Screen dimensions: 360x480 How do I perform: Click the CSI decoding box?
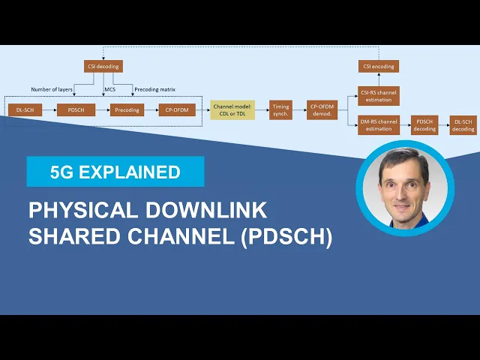(103, 66)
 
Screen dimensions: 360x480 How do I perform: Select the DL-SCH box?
(24, 110)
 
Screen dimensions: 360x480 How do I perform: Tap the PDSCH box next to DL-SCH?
(76, 110)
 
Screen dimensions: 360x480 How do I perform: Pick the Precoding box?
(127, 110)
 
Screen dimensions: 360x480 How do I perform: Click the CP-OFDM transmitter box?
(177, 110)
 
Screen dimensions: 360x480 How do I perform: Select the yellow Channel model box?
(232, 110)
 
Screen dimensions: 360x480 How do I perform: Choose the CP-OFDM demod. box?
(322, 110)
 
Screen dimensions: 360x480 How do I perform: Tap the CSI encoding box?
(378, 66)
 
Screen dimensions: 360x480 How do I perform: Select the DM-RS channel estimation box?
(378, 124)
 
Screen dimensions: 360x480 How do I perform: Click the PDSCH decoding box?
(425, 124)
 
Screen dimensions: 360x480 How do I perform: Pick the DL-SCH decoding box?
(463, 124)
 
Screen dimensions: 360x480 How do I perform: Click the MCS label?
(109, 89)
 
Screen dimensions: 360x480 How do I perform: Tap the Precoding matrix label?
(156, 89)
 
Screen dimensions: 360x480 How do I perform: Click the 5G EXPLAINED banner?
(115, 172)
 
